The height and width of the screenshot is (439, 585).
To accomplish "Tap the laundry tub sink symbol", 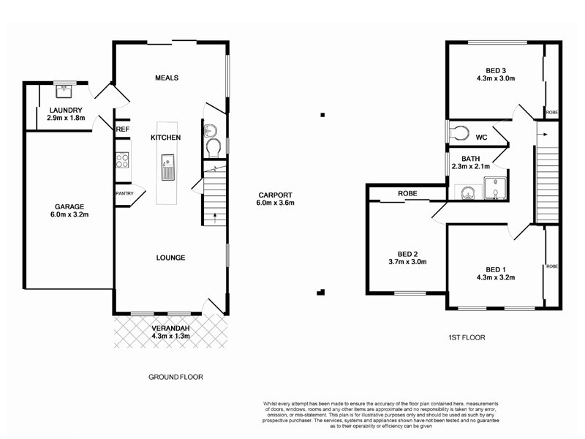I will [67, 91].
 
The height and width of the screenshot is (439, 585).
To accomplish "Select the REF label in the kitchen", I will [122, 130].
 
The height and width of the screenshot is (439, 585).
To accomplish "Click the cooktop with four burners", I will [122, 160].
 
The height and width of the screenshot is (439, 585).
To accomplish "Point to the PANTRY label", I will [123, 194].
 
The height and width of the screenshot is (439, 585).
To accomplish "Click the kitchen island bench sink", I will [167, 168].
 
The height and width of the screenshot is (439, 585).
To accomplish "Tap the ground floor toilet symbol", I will [211, 149].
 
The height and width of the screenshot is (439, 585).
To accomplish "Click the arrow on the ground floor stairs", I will [214, 215].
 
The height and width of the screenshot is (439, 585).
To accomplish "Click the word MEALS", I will [167, 78].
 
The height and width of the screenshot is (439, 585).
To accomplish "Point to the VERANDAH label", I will [170, 329].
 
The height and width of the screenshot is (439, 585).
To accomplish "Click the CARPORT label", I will [275, 195].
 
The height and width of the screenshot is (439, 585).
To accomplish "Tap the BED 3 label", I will [496, 70].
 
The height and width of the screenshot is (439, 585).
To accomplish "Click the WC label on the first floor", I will [481, 137].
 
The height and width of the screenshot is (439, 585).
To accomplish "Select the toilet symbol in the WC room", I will [460, 133].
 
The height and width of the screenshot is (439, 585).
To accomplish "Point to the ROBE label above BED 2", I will [407, 194].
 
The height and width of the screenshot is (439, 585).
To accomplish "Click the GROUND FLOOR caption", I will [175, 377].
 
